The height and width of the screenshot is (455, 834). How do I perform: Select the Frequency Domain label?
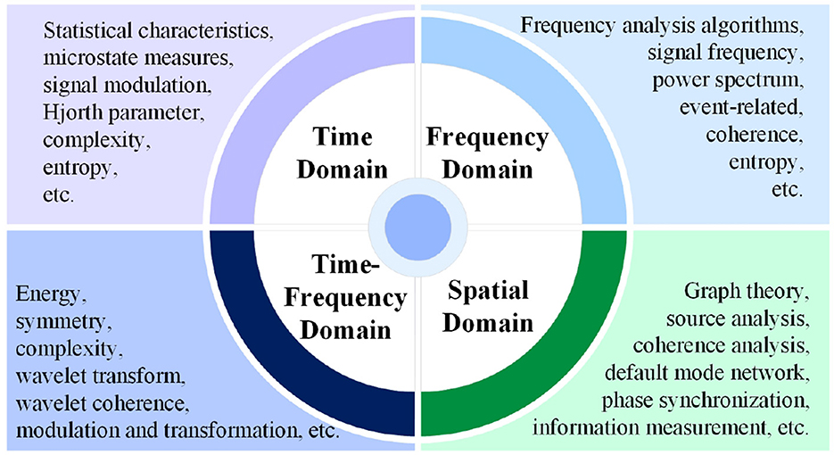click(487, 153)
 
